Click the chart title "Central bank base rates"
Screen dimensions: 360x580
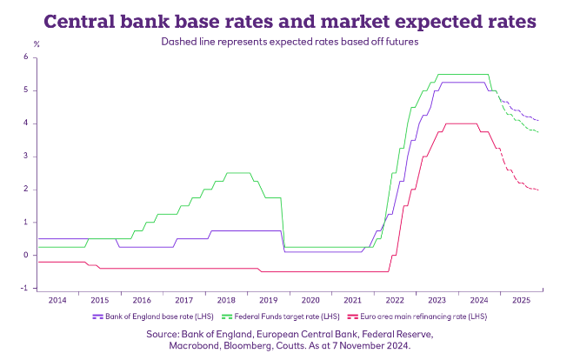tap(290, 19)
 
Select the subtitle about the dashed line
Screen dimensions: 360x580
tap(290, 41)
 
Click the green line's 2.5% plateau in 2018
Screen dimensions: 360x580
tap(237, 173)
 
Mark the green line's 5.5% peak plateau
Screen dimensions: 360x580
tap(461, 74)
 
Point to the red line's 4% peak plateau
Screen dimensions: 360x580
tap(461, 123)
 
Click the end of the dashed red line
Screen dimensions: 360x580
tap(540, 190)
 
